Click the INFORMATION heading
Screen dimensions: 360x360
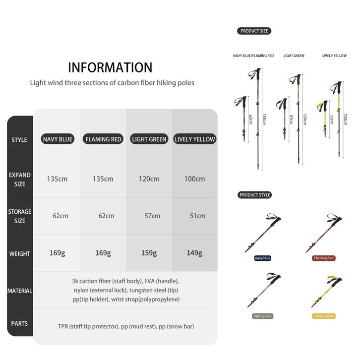[x=110, y=67]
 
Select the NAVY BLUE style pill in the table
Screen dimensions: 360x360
[x=58, y=139]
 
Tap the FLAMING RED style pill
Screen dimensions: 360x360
[x=103, y=139]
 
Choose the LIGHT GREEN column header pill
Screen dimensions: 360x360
[x=149, y=139]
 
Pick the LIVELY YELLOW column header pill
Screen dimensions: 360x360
[x=195, y=139]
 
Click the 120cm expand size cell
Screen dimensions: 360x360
[x=149, y=179]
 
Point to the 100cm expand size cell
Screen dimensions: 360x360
[x=194, y=179]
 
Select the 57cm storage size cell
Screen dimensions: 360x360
[x=152, y=216]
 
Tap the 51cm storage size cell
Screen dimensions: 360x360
[x=197, y=216]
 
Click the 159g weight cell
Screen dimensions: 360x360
[x=149, y=253]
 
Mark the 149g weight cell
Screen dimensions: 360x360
[x=194, y=253]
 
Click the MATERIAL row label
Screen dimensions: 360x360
[x=20, y=291]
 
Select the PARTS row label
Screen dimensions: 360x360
[x=20, y=323]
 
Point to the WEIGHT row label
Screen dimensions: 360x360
[x=20, y=254]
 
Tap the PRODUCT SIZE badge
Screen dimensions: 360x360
[x=254, y=31]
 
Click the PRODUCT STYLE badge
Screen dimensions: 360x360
[x=255, y=195]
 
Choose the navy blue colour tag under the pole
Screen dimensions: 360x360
[x=262, y=258]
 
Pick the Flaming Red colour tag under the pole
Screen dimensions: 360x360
[x=324, y=258]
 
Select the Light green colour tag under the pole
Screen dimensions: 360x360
[x=262, y=316]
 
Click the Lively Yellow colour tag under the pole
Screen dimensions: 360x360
[x=324, y=316]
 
